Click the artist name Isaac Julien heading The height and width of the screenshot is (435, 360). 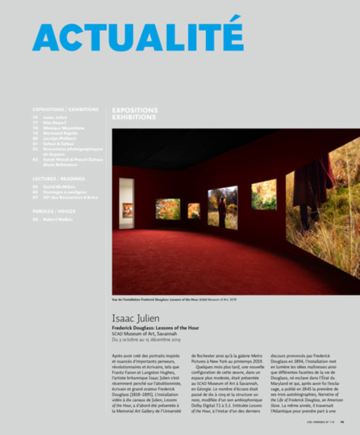coord(138,316)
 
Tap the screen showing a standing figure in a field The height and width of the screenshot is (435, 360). coord(222,206)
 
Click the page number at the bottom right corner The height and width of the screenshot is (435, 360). coord(351,423)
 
